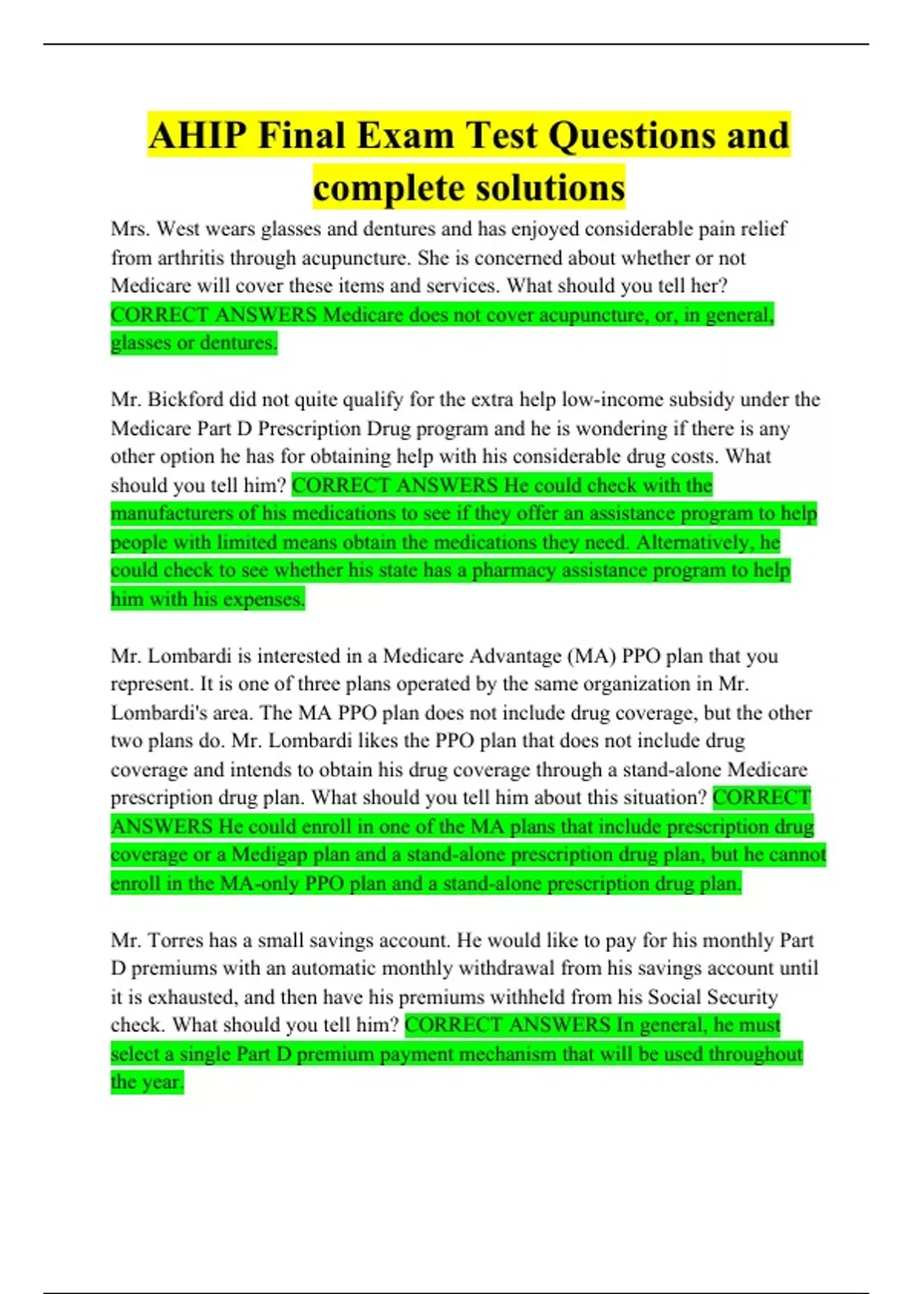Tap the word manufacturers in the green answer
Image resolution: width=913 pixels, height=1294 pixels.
click(x=172, y=514)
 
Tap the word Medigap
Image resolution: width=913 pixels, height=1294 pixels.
click(x=269, y=855)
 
